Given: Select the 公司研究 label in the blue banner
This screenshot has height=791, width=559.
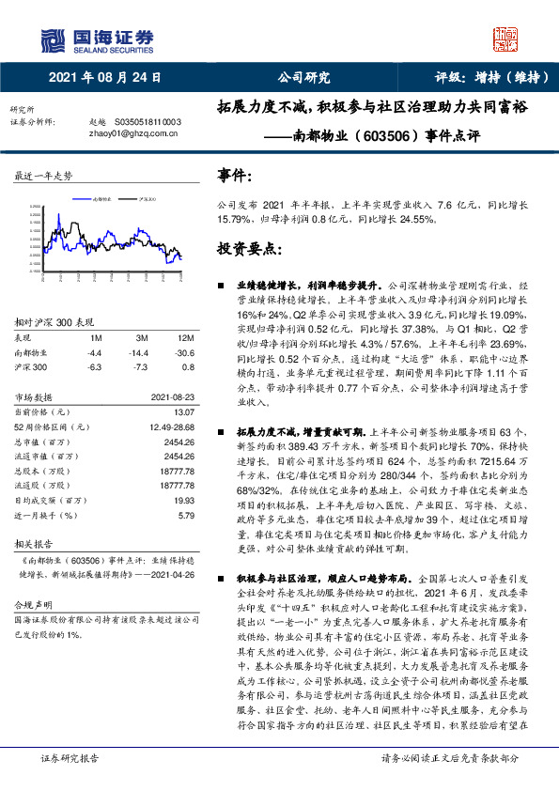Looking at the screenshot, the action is tap(304, 79).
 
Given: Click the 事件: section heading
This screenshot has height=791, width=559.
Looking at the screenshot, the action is tap(235, 175).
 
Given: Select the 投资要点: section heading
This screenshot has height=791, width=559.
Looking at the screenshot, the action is tap(249, 250).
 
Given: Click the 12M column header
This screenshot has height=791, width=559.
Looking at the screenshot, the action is tap(185, 337).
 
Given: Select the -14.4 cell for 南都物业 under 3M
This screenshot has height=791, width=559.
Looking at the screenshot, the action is tap(142, 350).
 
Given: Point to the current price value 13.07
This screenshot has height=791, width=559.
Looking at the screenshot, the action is tap(183, 411).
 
